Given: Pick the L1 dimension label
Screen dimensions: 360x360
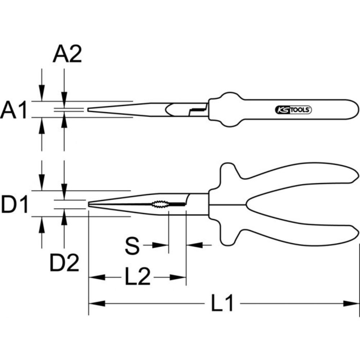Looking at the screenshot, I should click(x=222, y=303).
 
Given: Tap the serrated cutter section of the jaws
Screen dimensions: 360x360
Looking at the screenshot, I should click(x=159, y=204).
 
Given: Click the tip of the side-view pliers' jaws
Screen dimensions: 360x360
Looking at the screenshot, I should click(x=89, y=204).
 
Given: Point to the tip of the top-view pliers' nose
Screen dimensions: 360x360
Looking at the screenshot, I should click(x=89, y=109).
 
